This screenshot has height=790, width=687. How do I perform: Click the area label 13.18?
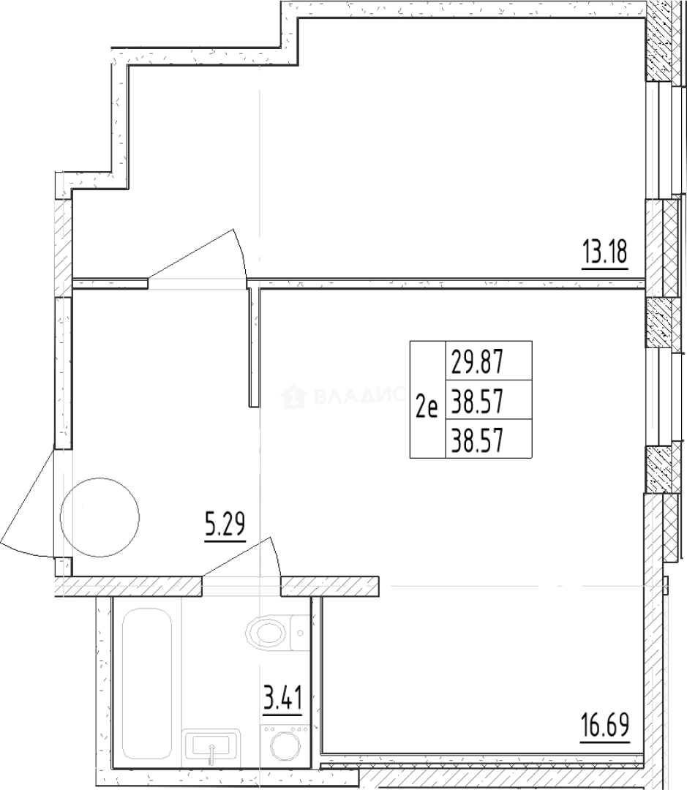coord(605,255)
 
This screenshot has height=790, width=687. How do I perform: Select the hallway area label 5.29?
coord(224,526)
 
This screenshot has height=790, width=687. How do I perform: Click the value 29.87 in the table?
coord(480,361)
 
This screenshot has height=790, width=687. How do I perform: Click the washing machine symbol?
coord(286,746)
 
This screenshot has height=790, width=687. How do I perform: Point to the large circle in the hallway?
coord(100,517)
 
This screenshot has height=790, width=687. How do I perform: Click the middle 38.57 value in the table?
coord(480,400)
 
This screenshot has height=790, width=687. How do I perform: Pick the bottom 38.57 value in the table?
coord(480,440)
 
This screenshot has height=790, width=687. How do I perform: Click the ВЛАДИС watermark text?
coord(358,397)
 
